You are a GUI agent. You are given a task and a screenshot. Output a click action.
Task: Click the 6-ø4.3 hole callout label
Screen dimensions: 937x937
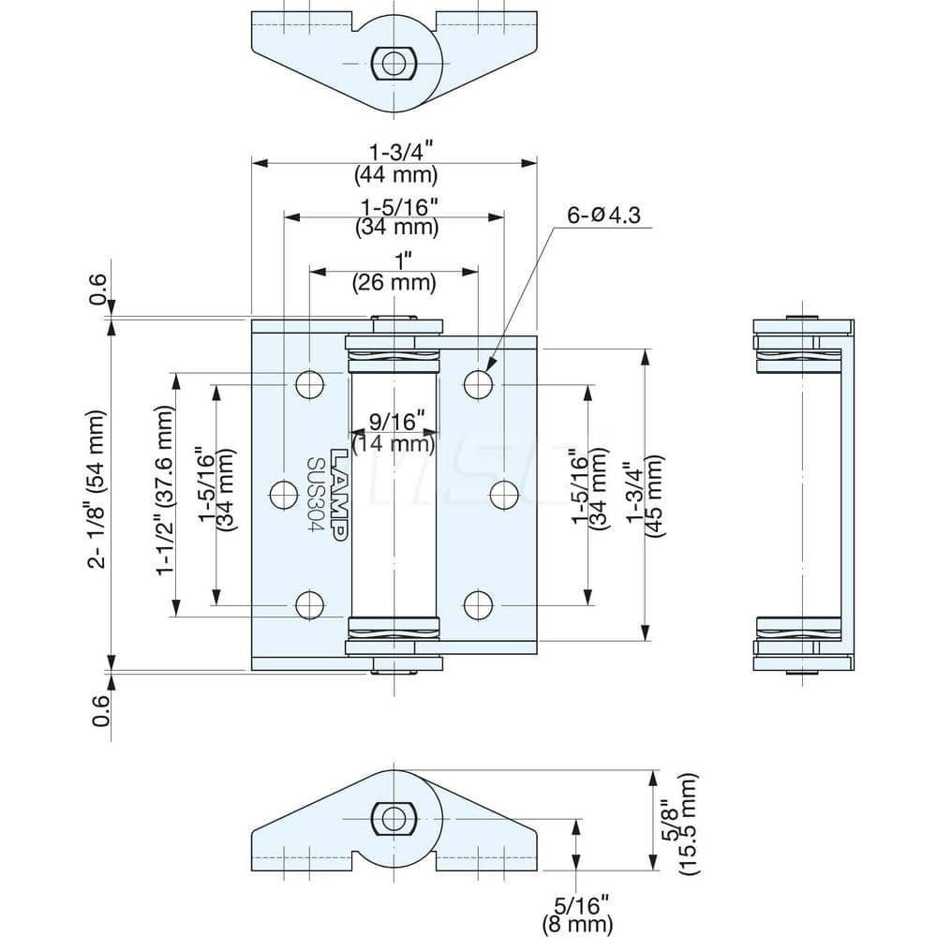(602, 215)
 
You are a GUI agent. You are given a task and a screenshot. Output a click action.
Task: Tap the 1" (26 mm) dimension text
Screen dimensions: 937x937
(394, 271)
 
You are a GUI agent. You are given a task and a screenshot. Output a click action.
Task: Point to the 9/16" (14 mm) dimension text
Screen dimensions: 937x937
(394, 431)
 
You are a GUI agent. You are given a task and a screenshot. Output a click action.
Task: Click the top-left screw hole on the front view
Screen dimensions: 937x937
(308, 383)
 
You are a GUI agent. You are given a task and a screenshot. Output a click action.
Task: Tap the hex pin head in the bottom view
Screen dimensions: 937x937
(392, 817)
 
